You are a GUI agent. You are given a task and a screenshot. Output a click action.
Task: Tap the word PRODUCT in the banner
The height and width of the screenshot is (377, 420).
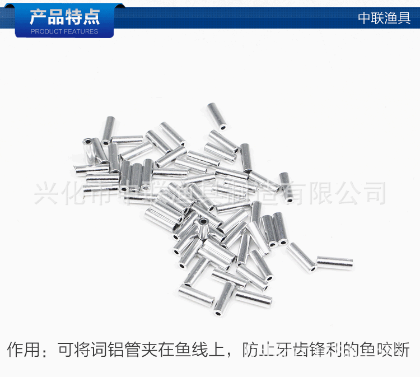point(46,31)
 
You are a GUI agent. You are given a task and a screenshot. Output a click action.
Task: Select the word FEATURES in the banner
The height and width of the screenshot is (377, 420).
point(81,31)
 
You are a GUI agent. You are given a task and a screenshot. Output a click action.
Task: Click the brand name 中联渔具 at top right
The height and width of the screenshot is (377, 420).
point(384,18)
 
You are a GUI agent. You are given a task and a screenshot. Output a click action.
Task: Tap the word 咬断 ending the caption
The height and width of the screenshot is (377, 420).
point(393,351)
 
